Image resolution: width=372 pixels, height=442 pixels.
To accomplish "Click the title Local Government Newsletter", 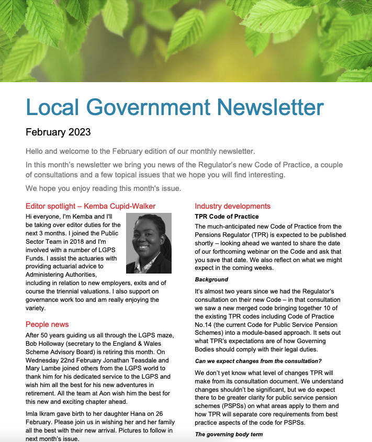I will (x=175, y=108).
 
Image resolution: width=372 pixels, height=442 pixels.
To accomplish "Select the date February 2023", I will (x=58, y=132).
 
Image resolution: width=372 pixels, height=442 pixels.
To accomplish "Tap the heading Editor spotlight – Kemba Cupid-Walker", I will (x=91, y=206).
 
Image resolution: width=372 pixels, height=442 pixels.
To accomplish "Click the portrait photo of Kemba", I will (x=149, y=243).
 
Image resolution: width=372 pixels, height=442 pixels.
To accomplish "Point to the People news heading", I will (x=47, y=324).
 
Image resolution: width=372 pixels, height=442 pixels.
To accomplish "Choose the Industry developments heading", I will (x=232, y=206).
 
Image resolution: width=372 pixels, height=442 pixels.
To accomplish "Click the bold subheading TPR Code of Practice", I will (x=227, y=216).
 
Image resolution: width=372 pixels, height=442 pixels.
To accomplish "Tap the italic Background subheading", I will (x=211, y=280).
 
